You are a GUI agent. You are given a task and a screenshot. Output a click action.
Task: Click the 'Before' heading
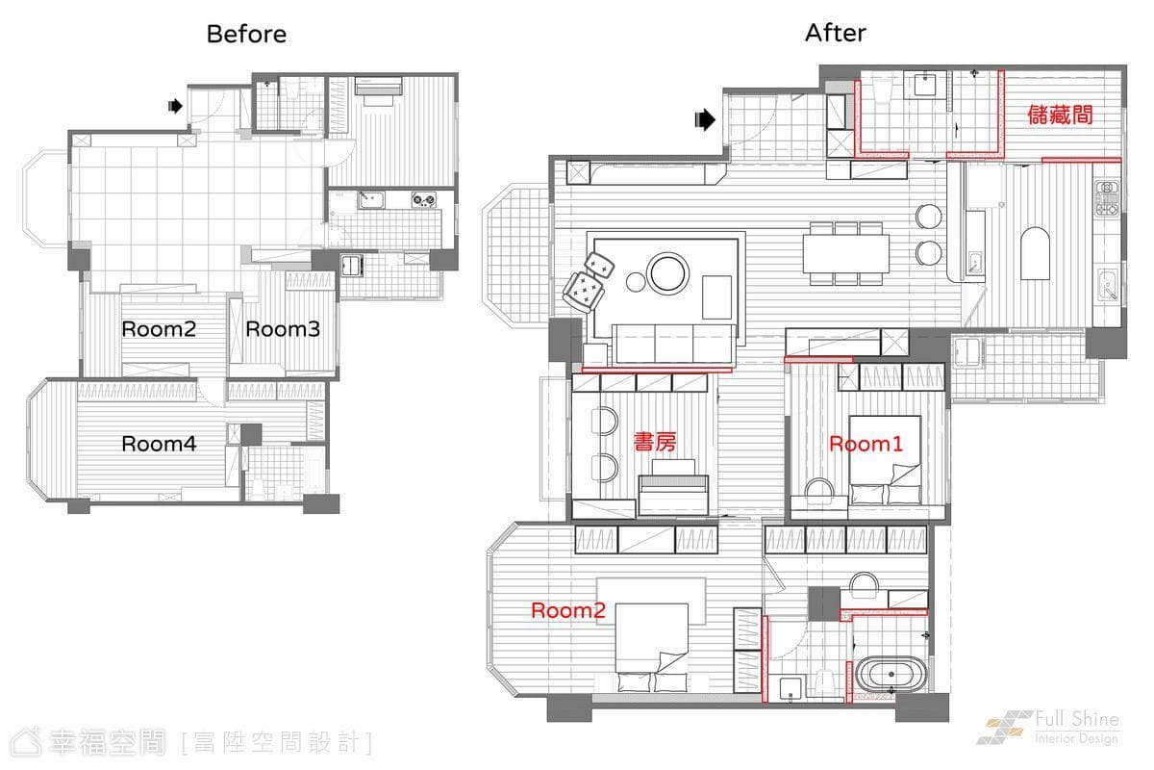pos(246,34)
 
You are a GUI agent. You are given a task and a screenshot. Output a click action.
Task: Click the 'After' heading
pos(835,33)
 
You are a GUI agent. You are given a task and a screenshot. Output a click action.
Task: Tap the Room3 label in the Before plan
pos(283,329)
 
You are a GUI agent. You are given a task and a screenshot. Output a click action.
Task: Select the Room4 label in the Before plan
pos(159,444)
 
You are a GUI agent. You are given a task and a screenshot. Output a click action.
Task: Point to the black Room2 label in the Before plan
pos(159,329)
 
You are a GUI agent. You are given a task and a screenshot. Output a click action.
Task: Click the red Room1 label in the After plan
pos(866,444)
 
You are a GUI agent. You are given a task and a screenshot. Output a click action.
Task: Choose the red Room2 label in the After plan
pos(568,610)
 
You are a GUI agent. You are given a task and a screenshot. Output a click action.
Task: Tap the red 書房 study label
pos(655,442)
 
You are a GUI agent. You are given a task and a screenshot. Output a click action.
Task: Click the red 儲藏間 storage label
pos(1060,115)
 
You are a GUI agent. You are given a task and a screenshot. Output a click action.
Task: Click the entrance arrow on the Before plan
pos(176,106)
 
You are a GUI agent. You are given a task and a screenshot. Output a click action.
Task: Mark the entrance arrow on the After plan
pos(705,119)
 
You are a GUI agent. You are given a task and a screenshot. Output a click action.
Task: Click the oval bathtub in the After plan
pos(891,674)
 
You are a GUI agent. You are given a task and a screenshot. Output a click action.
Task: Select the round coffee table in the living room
pos(668,272)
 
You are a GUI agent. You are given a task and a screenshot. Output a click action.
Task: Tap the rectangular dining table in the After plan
pos(846,253)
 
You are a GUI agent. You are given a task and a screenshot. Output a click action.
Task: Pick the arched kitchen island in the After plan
pos(1035,253)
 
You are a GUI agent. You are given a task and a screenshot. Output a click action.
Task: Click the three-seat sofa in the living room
pos(674,344)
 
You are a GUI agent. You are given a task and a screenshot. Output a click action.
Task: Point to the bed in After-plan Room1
pos(885,459)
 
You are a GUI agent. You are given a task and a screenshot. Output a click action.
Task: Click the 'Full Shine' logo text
pos(1077,719)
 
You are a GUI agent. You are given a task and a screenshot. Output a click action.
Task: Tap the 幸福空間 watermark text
pos(107,742)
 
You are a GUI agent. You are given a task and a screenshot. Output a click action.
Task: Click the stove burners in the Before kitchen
pos(423,199)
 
